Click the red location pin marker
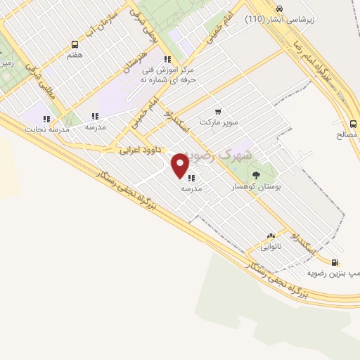click(x=181, y=165)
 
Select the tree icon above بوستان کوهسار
click(x=256, y=174)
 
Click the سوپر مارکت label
click(x=219, y=122)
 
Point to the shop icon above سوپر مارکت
click(x=218, y=110)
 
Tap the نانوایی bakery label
click(x=271, y=247)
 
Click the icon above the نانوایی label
click(x=271, y=236)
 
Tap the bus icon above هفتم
click(x=75, y=44)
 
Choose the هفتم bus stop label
click(x=75, y=55)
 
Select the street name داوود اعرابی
click(x=140, y=150)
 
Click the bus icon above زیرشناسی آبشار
click(x=280, y=8)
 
